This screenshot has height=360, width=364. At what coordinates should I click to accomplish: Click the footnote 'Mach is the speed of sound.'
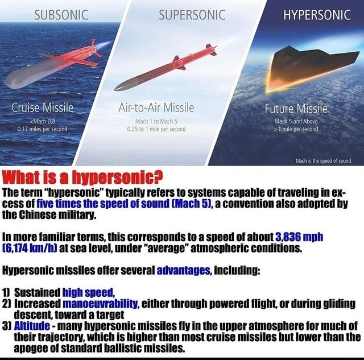click(x=326, y=160)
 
